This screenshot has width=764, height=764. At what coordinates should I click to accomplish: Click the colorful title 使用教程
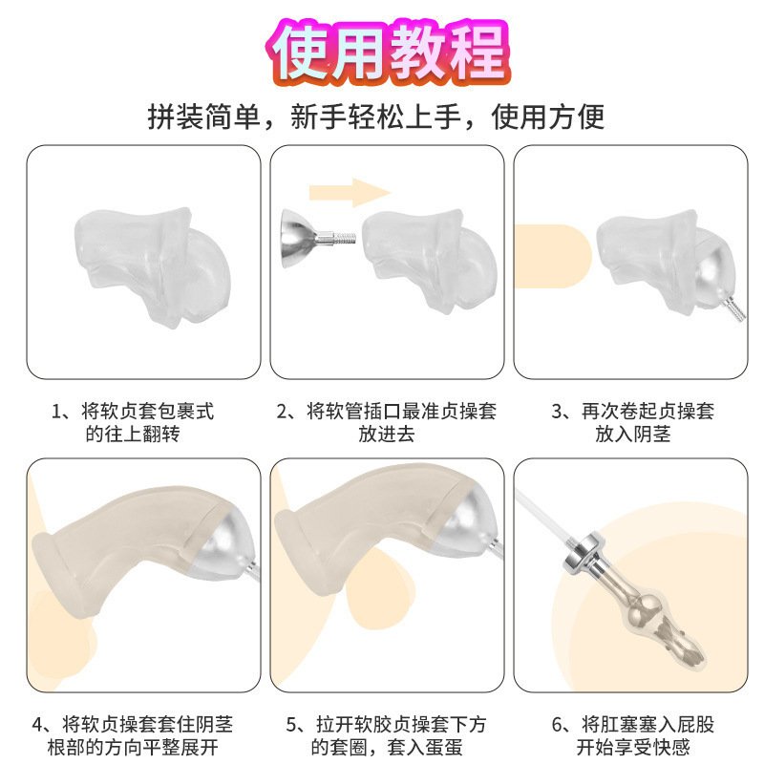coord(389,53)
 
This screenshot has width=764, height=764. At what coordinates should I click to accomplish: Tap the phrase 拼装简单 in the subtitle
coord(203,117)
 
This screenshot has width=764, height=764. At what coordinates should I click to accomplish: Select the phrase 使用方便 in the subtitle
coord(547,117)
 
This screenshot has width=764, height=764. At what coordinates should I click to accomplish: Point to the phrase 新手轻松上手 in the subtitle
coord(375,117)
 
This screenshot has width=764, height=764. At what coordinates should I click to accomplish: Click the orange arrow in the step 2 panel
coord(350,193)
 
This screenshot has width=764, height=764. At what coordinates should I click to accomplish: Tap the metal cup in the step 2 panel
coord(298,239)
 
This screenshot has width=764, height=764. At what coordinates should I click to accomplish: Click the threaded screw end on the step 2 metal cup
coord(345,239)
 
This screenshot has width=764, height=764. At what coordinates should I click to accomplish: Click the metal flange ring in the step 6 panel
coord(584,552)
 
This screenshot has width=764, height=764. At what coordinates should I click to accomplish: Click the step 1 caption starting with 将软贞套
coord(133,422)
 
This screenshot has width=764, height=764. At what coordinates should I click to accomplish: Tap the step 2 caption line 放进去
coord(387,434)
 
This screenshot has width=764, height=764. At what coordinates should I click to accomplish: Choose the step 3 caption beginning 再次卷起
coord(633,422)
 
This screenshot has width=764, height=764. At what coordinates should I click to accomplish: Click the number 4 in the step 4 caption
coord(37,725)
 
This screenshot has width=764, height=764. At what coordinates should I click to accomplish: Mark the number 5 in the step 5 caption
coord(291,725)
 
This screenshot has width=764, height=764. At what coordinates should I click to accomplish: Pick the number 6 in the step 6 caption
coord(558,725)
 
